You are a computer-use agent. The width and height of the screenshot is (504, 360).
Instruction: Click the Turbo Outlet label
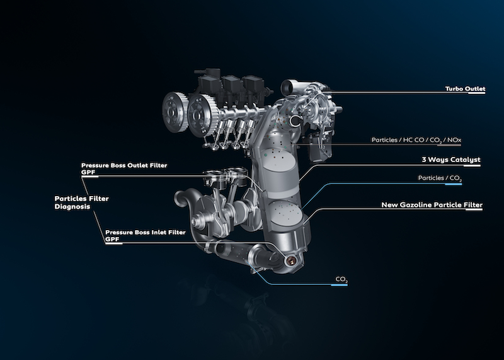(465, 89)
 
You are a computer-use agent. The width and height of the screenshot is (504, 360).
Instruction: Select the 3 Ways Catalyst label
(451, 160)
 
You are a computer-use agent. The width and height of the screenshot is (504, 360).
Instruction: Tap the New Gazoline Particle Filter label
(432, 205)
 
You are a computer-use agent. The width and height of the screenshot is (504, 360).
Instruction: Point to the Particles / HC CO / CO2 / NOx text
(416, 140)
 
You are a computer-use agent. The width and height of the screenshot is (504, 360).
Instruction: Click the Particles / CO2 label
(440, 178)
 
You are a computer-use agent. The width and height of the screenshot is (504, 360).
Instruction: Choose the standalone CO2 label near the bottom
(341, 279)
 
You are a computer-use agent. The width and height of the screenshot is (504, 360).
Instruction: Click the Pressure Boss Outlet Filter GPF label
(124, 168)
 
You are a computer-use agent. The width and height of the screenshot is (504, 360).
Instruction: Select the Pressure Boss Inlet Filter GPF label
(146, 236)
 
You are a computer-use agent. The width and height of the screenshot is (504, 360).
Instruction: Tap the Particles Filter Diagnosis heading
(82, 202)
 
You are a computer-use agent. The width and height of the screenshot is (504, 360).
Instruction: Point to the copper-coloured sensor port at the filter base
(292, 260)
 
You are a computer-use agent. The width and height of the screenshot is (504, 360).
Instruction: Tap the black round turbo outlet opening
(295, 120)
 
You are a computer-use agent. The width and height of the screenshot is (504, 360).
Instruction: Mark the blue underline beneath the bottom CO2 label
(339, 285)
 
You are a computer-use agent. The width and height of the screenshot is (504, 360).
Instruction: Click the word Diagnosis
(72, 207)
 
